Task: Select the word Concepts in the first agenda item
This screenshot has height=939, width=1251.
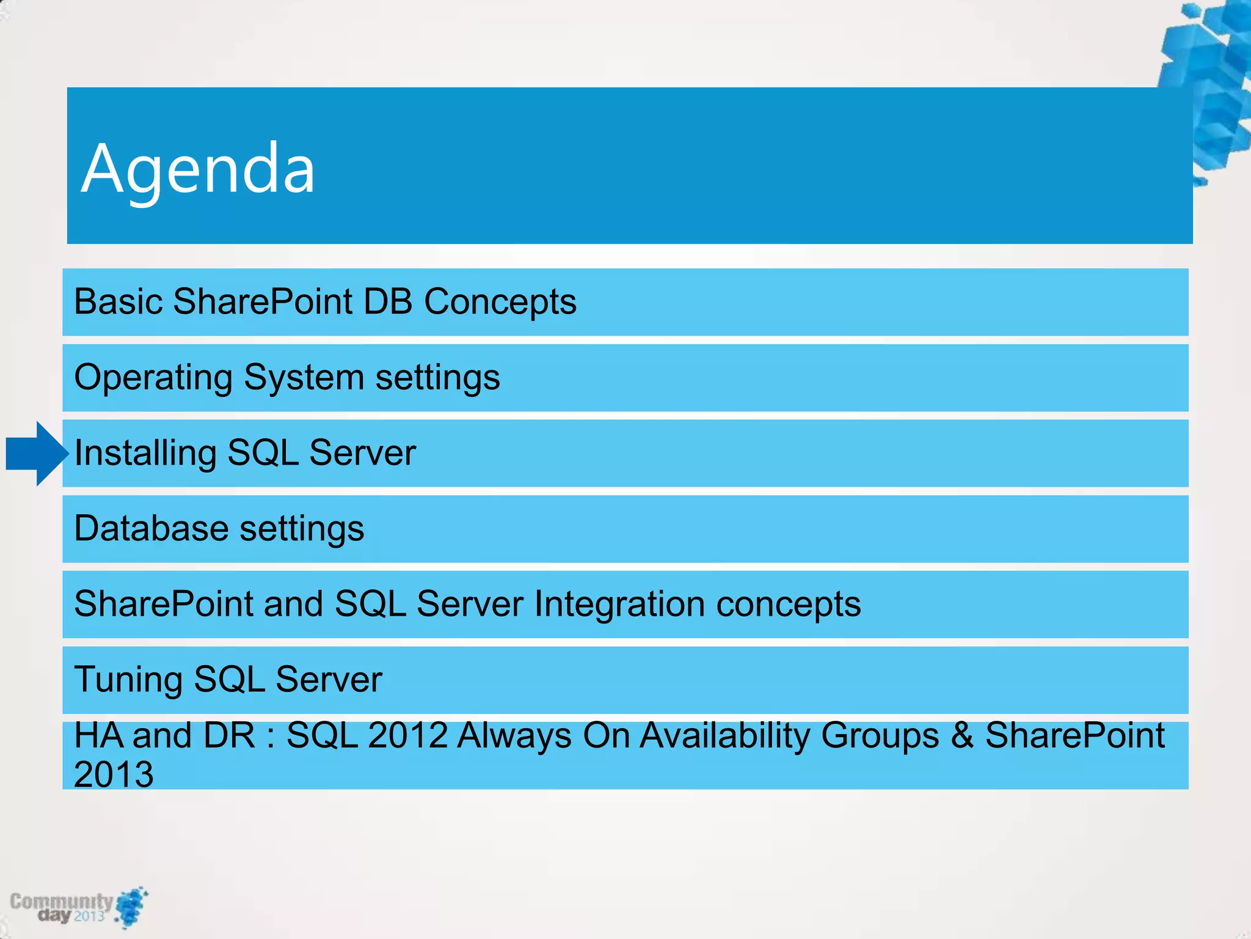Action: (500, 301)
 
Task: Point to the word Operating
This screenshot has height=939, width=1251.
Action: (153, 378)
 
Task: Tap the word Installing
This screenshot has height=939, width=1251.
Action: (145, 454)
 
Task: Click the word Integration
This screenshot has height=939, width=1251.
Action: (619, 604)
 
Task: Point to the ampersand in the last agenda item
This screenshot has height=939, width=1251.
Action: (962, 735)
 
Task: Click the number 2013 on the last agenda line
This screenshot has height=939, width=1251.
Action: (114, 775)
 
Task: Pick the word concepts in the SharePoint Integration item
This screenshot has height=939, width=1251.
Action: (788, 604)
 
